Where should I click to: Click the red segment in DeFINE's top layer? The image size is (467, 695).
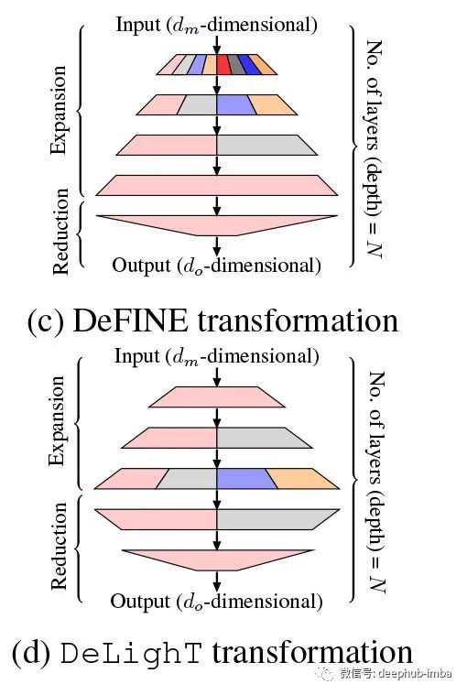click(x=223, y=64)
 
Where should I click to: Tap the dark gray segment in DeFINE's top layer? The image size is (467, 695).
click(x=236, y=64)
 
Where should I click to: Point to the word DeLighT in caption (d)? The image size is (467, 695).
click(x=131, y=654)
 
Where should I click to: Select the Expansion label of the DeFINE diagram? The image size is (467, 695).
click(x=59, y=110)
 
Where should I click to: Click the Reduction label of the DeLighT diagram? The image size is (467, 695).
click(x=59, y=546)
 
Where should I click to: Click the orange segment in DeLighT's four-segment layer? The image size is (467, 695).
click(x=302, y=479)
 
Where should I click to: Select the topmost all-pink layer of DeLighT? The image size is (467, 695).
click(x=217, y=396)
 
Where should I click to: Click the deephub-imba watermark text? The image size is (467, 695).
click(x=396, y=673)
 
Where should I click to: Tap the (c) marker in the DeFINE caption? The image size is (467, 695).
click(x=46, y=321)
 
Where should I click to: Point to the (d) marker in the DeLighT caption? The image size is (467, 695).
click(x=30, y=654)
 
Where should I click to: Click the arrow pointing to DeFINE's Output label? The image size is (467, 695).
click(x=217, y=246)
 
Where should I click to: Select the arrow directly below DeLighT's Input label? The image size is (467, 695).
click(x=217, y=377)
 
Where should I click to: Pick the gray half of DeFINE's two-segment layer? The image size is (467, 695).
click(x=266, y=145)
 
